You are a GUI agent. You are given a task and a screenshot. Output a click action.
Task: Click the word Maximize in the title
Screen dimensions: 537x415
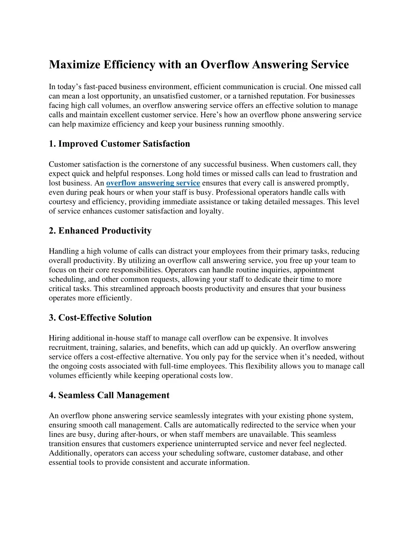(x=75, y=65)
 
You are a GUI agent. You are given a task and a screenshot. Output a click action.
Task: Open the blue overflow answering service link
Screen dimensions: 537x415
(x=153, y=183)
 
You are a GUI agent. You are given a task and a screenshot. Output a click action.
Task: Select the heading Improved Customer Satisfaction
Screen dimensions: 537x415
(x=119, y=144)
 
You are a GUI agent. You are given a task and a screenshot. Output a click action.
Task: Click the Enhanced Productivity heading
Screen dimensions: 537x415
(x=100, y=231)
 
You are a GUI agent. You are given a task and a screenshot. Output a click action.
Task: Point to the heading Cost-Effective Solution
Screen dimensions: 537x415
(x=100, y=318)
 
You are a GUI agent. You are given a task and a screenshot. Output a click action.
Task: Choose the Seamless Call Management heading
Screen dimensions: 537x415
(x=109, y=396)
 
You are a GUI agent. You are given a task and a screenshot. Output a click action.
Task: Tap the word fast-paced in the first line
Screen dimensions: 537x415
(x=100, y=87)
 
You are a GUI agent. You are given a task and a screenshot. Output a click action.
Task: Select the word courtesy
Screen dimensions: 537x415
(x=63, y=202)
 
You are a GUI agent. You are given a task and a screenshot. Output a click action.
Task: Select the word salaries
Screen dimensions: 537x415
(x=127, y=347)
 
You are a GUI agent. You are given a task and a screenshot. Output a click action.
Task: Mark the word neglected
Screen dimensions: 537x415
(x=331, y=444)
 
